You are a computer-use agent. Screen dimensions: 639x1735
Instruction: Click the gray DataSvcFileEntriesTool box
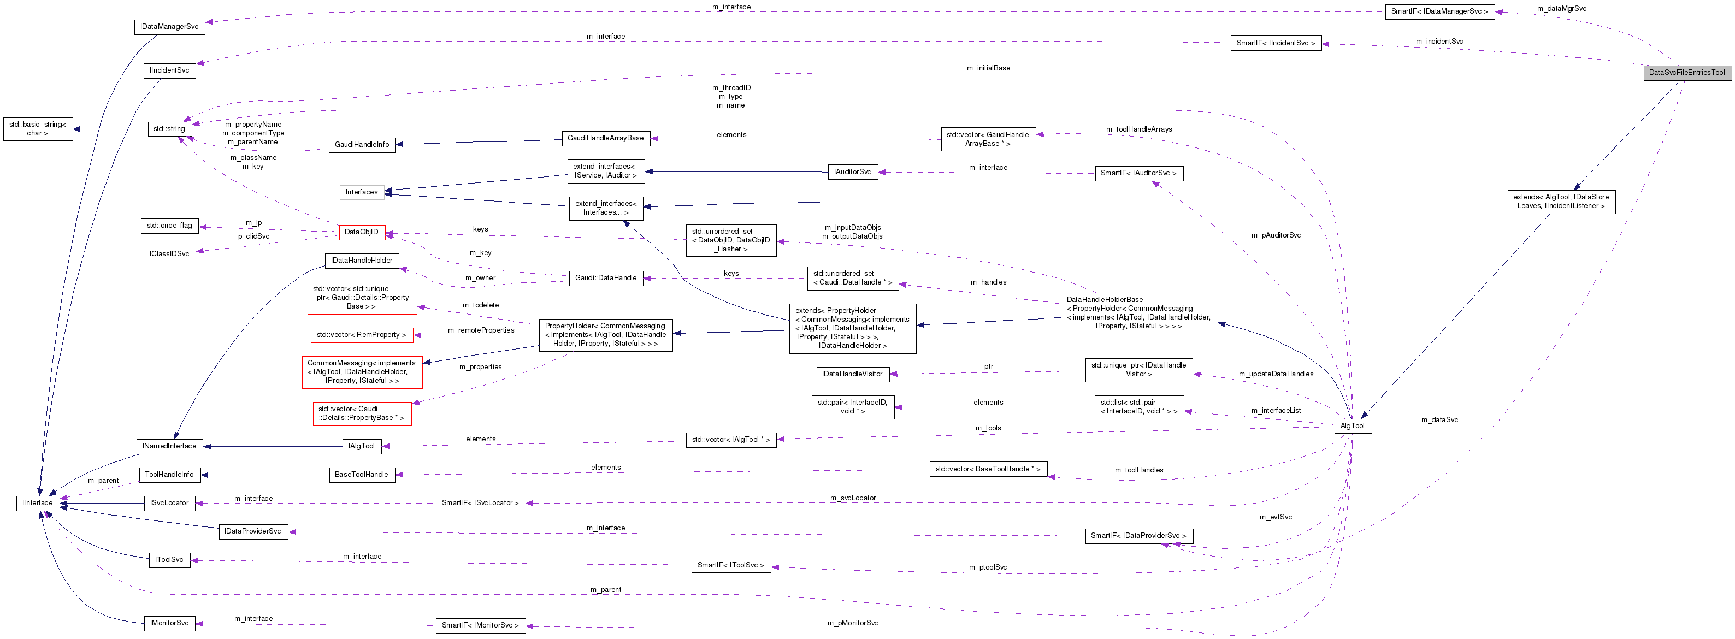[1686, 73]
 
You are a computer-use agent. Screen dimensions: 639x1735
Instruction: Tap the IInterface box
[38, 503]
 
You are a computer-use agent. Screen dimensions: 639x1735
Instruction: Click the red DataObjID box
[361, 232]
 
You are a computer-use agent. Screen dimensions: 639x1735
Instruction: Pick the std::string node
[169, 128]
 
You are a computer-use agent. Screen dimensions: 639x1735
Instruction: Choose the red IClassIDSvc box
[169, 254]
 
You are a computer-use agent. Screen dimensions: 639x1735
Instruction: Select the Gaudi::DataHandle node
[605, 278]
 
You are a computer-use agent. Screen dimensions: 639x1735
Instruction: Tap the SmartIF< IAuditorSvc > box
[1138, 174]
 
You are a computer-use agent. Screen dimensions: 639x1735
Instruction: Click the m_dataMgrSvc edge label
[1561, 9]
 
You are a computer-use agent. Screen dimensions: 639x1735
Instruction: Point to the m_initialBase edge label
[988, 68]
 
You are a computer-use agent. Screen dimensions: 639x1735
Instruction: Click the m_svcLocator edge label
[853, 498]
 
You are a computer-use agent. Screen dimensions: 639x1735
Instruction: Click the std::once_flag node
[169, 226]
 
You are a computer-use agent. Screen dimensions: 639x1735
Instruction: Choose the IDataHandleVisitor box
[852, 374]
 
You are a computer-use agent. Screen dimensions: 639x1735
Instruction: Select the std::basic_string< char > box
[38, 128]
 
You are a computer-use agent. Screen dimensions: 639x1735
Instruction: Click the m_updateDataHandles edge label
[1276, 374]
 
